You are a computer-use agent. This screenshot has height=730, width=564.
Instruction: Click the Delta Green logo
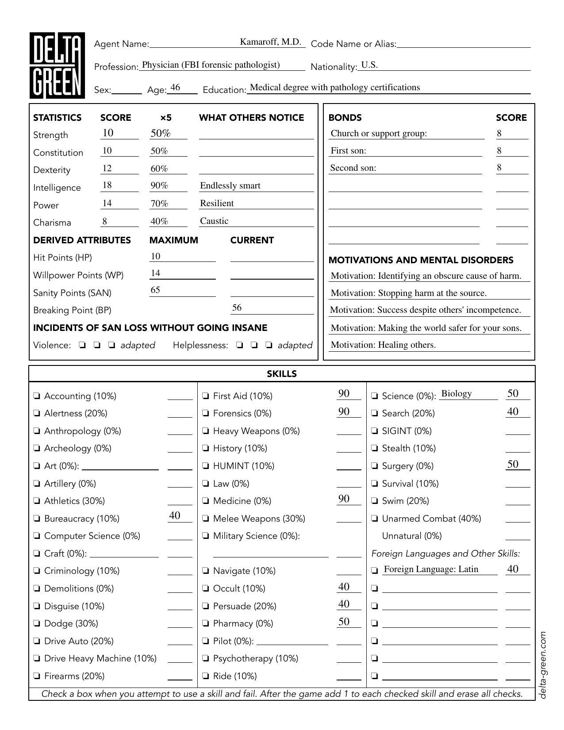(x=57, y=65)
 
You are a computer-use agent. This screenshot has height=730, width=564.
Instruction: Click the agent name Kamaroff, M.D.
(x=270, y=42)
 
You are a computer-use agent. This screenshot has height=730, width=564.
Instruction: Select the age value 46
(x=175, y=88)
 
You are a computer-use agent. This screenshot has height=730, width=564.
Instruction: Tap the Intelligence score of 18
(x=107, y=185)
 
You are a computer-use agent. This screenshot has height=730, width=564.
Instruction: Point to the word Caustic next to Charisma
(x=214, y=221)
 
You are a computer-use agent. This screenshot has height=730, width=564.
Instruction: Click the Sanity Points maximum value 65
(x=155, y=290)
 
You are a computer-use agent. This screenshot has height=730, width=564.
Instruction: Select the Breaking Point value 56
(x=237, y=308)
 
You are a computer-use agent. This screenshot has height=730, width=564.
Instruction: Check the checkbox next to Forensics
(x=206, y=413)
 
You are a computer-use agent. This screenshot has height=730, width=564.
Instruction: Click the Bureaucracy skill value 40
(x=175, y=516)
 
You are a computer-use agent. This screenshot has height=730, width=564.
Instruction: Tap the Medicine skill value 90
(x=344, y=499)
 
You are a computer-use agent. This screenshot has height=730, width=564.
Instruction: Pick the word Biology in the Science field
(x=457, y=394)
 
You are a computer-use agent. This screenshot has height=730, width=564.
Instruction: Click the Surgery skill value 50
(x=513, y=464)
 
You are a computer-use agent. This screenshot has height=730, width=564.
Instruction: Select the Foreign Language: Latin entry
(x=431, y=569)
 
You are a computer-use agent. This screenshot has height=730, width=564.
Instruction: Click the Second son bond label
(x=353, y=168)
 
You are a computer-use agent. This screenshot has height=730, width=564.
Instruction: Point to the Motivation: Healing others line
(x=383, y=345)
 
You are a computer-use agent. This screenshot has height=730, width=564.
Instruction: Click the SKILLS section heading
(x=282, y=374)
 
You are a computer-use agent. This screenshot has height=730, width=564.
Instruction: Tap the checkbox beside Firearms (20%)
(x=37, y=676)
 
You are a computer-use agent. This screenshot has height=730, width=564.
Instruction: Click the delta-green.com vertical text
(x=543, y=665)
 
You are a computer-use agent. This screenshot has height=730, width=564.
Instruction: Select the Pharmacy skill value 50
(x=344, y=622)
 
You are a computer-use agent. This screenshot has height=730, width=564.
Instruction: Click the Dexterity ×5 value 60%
(x=159, y=169)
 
